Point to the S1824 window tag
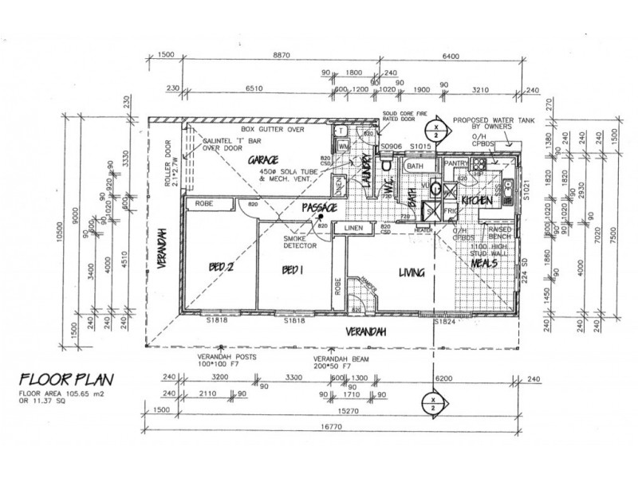[443, 321]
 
